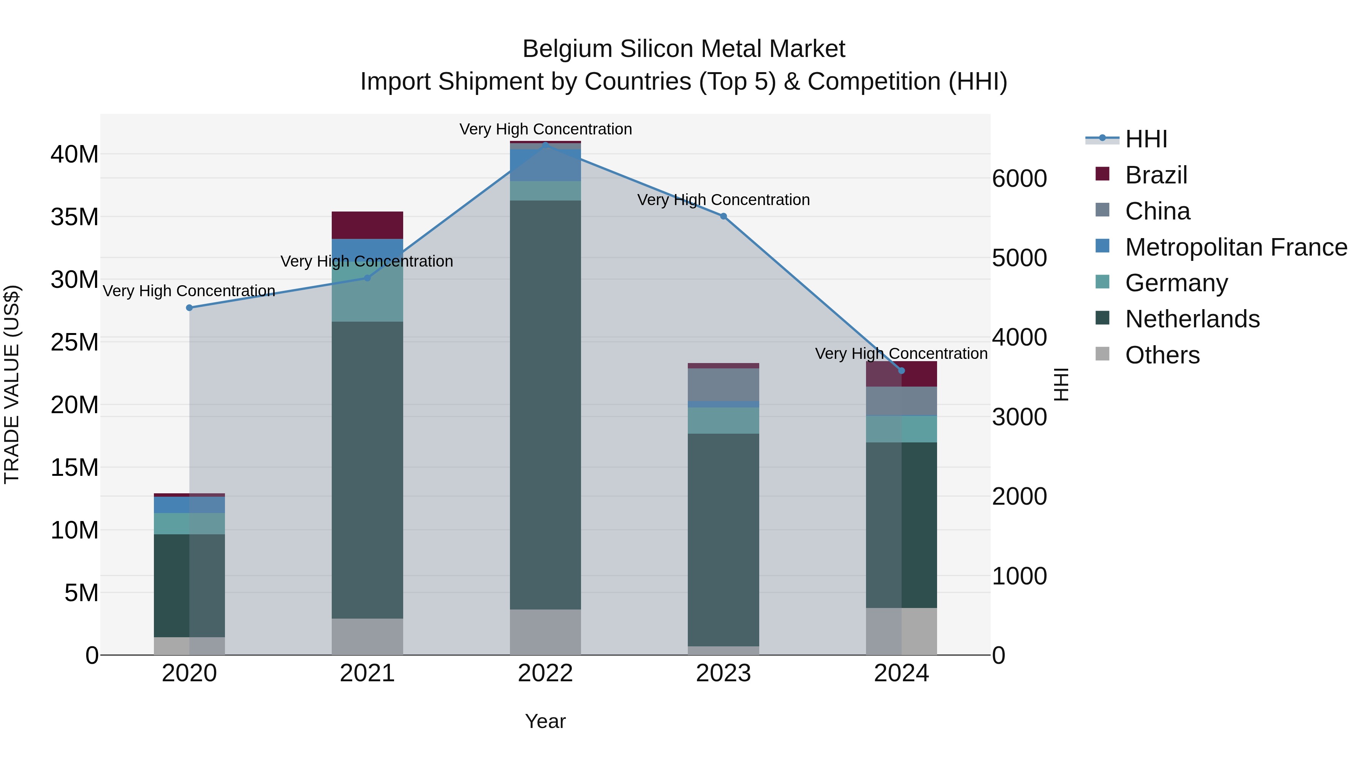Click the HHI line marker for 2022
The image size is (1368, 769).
[545, 144]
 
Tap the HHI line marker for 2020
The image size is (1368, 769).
[190, 308]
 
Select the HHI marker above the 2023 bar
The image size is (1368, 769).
[723, 216]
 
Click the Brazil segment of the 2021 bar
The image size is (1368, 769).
[367, 225]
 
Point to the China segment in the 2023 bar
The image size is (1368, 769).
[723, 385]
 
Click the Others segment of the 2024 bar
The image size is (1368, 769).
[901, 631]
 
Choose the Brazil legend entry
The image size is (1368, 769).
[1156, 175]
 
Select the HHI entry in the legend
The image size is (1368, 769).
[1146, 139]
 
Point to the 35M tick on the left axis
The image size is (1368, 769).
[74, 217]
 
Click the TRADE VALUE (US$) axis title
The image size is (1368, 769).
[12, 384]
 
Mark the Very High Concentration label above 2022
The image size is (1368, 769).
[545, 129]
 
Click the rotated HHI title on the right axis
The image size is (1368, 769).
[1061, 384]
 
